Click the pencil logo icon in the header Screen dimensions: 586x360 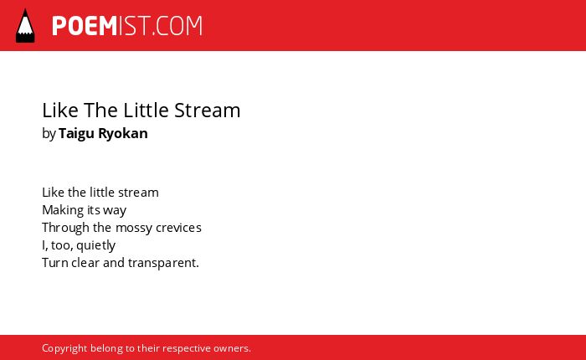(25, 26)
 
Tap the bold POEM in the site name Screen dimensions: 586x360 (85, 26)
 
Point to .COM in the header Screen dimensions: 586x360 (177, 26)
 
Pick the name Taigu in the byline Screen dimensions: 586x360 (76, 133)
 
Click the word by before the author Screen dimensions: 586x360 (49, 133)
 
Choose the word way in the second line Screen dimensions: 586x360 (115, 211)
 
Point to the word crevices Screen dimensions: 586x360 (178, 228)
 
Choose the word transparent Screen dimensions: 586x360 (163, 263)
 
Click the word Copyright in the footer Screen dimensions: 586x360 (64, 348)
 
